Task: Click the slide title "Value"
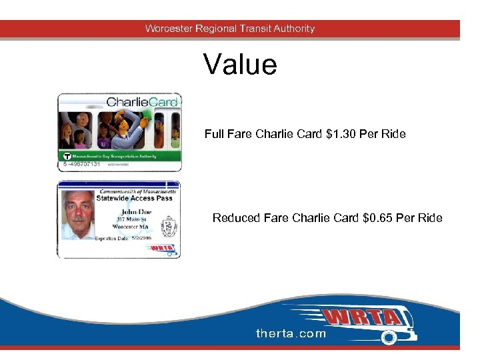[x=240, y=65]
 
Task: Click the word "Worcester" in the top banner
[x=169, y=29]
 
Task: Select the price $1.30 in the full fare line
[x=342, y=134]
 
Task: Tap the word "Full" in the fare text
[x=215, y=134]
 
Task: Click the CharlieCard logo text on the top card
[x=143, y=102]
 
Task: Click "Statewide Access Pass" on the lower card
[x=134, y=198]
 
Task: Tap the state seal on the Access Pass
[x=169, y=223]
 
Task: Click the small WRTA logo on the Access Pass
[x=161, y=249]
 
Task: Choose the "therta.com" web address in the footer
[x=291, y=333]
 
